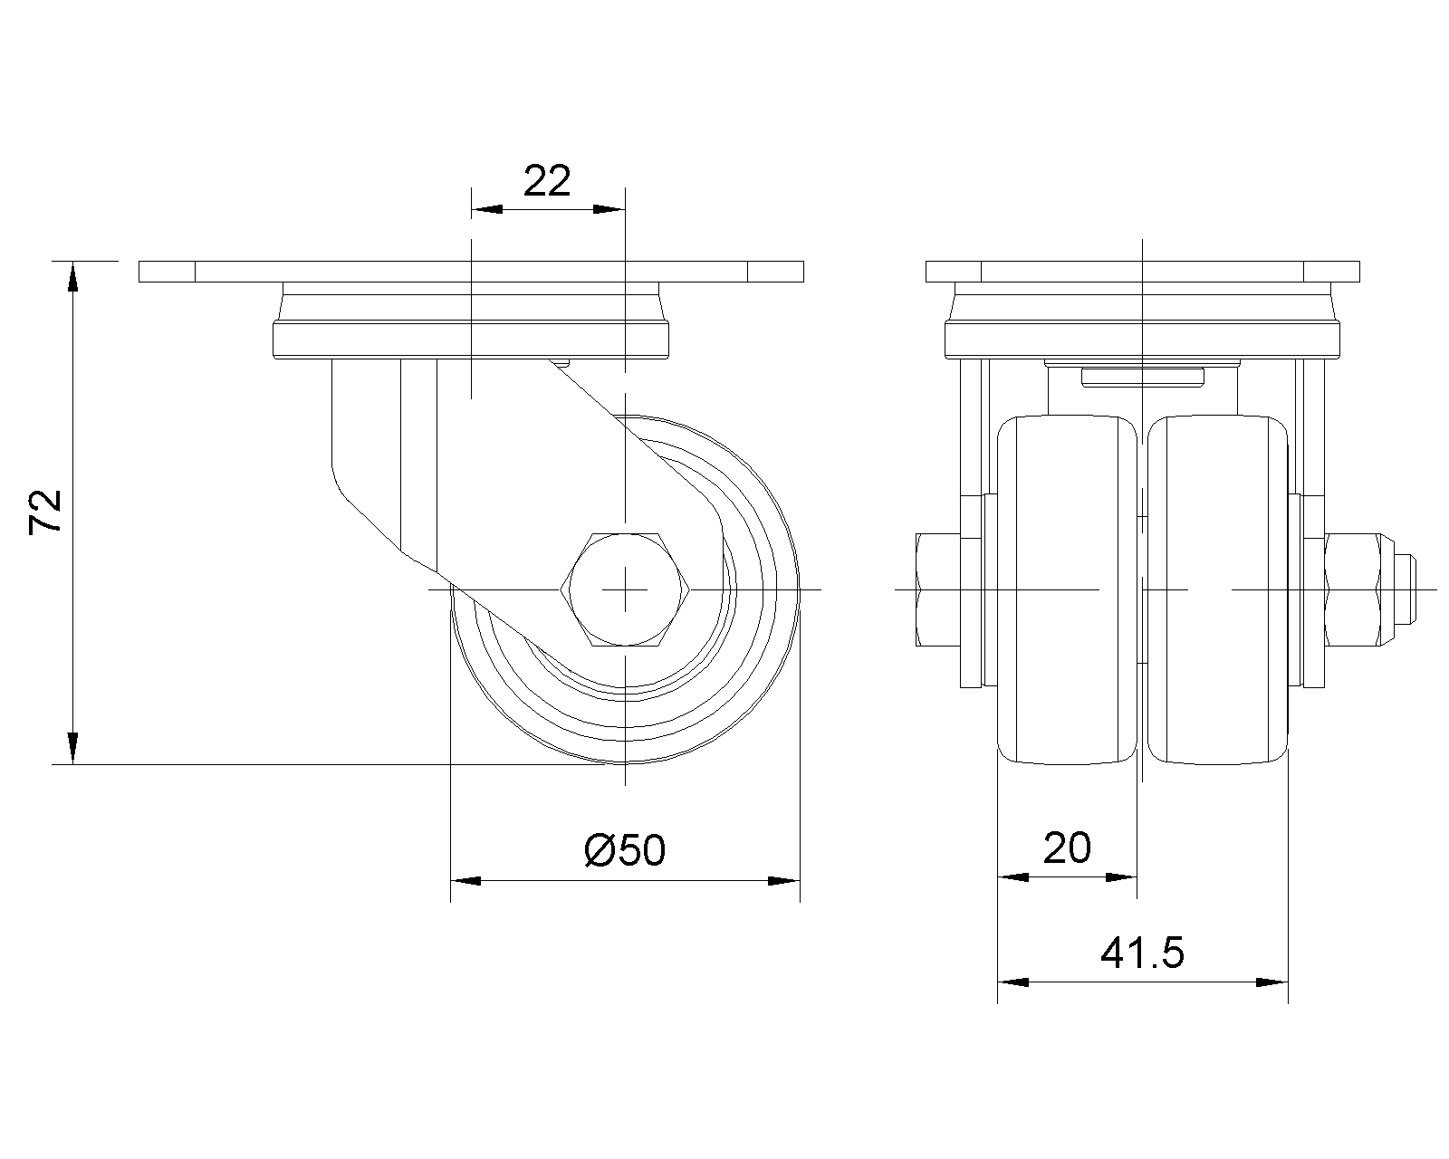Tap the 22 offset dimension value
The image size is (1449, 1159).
click(547, 180)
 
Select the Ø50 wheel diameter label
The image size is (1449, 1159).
click(625, 850)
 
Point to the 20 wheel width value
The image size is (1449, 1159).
click(1067, 848)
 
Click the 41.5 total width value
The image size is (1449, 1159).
click(1142, 953)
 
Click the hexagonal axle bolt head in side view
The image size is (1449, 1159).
click(626, 589)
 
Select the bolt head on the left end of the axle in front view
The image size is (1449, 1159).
click(938, 590)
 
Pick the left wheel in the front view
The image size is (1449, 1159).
click(1067, 590)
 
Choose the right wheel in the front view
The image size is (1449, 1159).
click(1217, 590)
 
